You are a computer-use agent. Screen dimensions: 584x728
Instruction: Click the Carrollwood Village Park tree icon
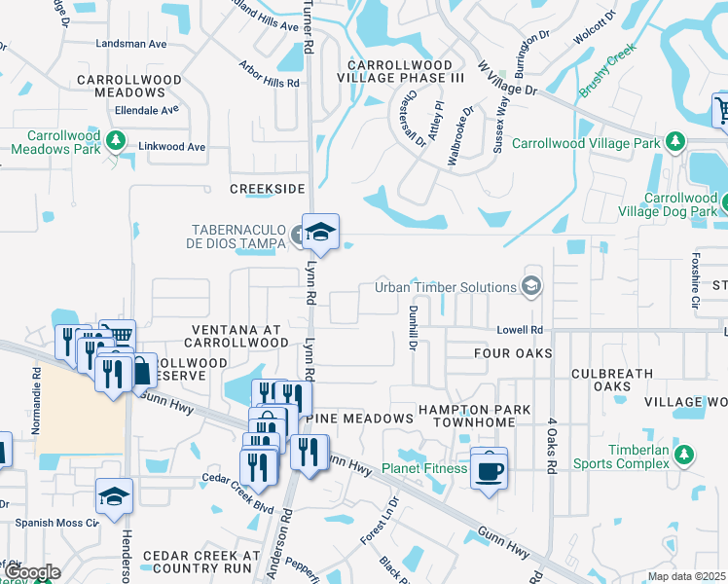click(x=673, y=143)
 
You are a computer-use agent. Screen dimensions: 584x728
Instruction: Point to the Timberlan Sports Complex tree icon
click(x=684, y=455)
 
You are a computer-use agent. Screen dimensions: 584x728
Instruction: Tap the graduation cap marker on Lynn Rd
click(x=319, y=233)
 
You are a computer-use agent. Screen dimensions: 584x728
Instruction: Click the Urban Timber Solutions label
click(x=446, y=287)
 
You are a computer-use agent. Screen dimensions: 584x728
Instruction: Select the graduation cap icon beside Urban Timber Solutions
click(x=530, y=286)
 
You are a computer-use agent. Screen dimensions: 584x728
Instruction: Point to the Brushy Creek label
click(x=607, y=70)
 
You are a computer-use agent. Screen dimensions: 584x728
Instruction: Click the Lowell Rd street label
click(x=521, y=331)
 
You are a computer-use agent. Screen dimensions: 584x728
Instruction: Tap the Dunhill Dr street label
click(x=413, y=326)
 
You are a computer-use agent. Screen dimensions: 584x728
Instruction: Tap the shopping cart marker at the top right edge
click(x=722, y=109)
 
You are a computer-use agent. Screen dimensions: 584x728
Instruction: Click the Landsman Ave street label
click(x=131, y=44)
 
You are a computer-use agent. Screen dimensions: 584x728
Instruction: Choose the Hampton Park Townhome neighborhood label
click(x=475, y=417)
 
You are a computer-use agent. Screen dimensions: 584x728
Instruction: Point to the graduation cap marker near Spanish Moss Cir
click(x=114, y=496)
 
